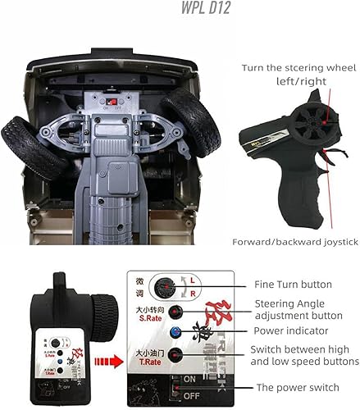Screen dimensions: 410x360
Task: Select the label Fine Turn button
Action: (293, 285)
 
